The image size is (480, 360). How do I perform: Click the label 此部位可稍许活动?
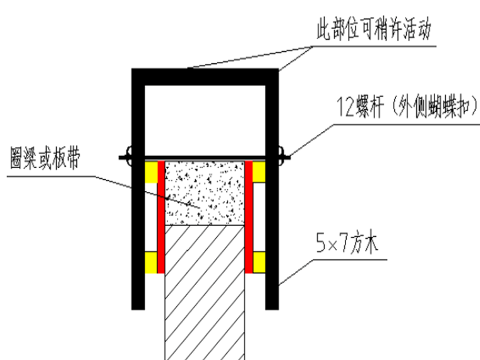coord(375,29)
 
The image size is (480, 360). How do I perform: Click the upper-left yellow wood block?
coord(151,172)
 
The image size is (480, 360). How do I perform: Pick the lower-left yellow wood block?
coord(151,261)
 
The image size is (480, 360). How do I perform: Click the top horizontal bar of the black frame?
coord(205,76)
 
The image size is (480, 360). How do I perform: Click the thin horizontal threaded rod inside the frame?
coord(205,157)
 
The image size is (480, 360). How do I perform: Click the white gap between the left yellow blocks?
coord(151,217)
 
